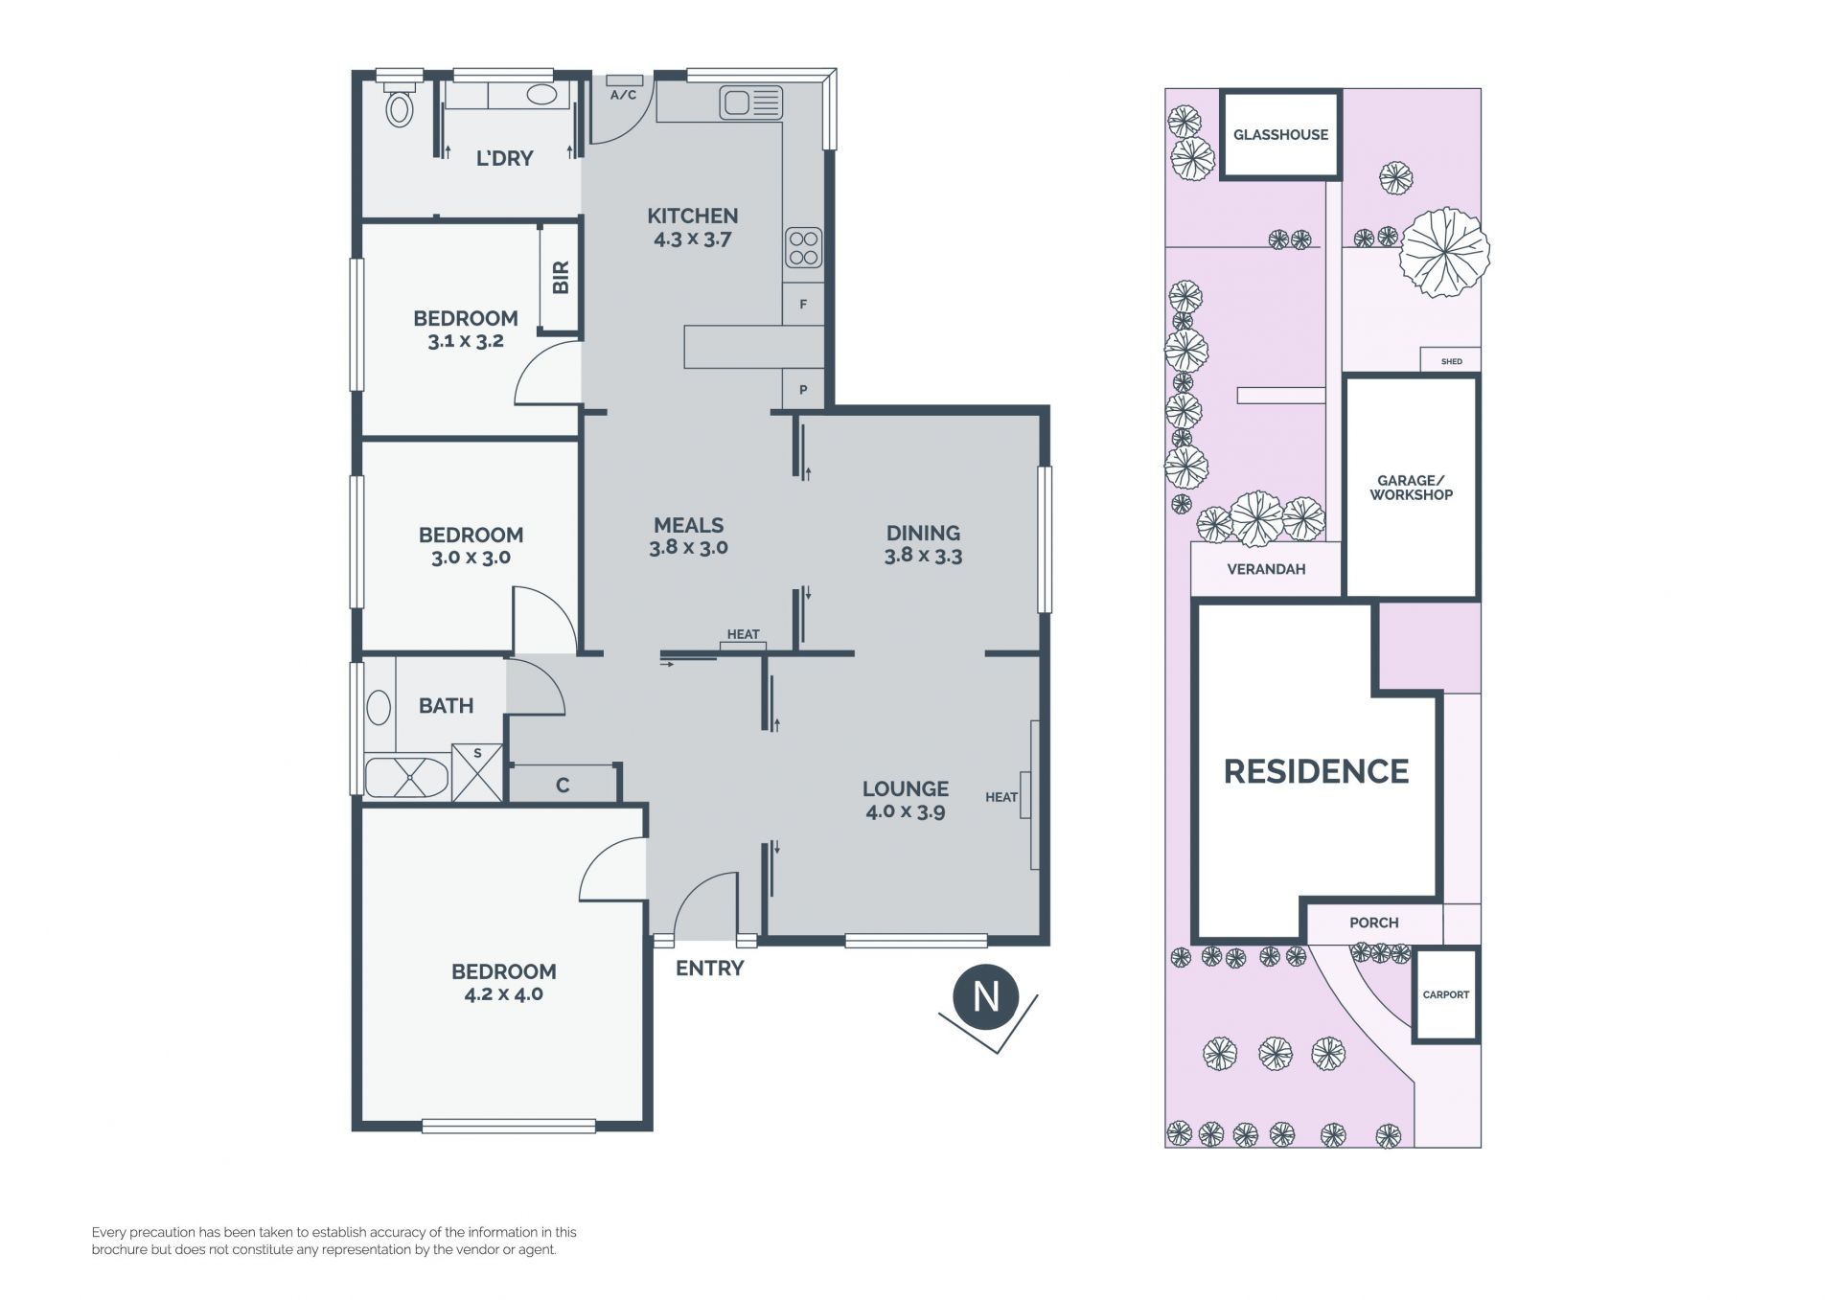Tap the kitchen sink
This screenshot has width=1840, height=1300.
(752, 103)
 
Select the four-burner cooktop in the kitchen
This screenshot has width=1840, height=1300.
(803, 247)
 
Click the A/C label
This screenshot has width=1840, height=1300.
(623, 95)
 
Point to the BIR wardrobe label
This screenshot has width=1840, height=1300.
(562, 277)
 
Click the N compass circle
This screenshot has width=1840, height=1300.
(986, 997)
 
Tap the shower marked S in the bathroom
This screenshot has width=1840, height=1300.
(477, 772)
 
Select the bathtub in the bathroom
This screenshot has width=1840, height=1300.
(406, 778)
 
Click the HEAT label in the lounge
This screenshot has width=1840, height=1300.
(1001, 797)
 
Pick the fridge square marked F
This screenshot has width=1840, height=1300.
(803, 305)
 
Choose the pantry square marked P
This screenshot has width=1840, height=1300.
(803, 390)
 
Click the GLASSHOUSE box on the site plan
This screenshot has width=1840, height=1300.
(1280, 134)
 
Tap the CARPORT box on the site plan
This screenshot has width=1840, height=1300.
(1446, 994)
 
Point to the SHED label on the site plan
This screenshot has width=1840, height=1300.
(1452, 361)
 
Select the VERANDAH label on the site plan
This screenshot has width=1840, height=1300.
(1266, 569)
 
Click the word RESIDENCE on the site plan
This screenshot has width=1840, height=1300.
(1316, 771)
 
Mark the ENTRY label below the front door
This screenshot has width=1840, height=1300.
(709, 969)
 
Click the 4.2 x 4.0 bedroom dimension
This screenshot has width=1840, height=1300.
(504, 994)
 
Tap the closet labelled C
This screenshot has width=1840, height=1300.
(563, 784)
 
